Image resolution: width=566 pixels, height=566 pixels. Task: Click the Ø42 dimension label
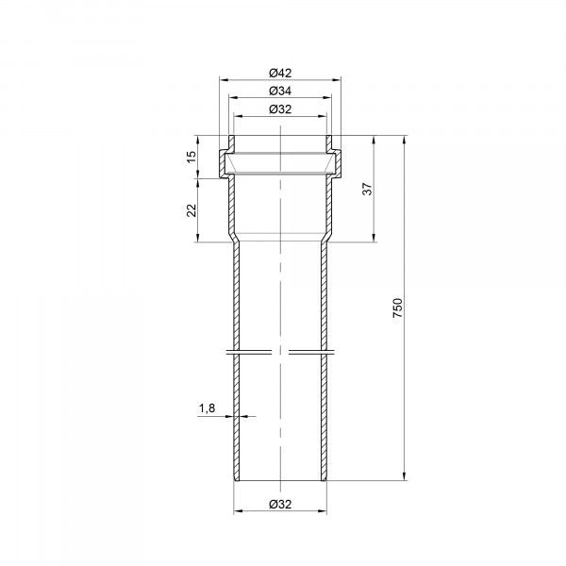click(x=280, y=73)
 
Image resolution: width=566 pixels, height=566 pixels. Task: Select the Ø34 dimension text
click(x=280, y=91)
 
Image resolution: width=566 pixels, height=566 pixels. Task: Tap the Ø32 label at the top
click(x=280, y=109)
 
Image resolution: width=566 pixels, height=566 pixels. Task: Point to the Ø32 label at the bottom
click(x=280, y=504)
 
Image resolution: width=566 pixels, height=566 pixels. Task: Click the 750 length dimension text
click(x=397, y=308)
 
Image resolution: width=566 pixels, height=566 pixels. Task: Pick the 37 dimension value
click(x=367, y=190)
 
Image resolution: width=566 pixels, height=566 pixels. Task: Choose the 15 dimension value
click(x=191, y=157)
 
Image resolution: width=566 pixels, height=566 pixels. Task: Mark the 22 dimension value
click(x=191, y=210)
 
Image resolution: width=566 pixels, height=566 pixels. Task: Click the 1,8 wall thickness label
click(x=207, y=408)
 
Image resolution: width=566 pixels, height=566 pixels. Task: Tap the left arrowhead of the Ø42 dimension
click(x=224, y=79)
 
